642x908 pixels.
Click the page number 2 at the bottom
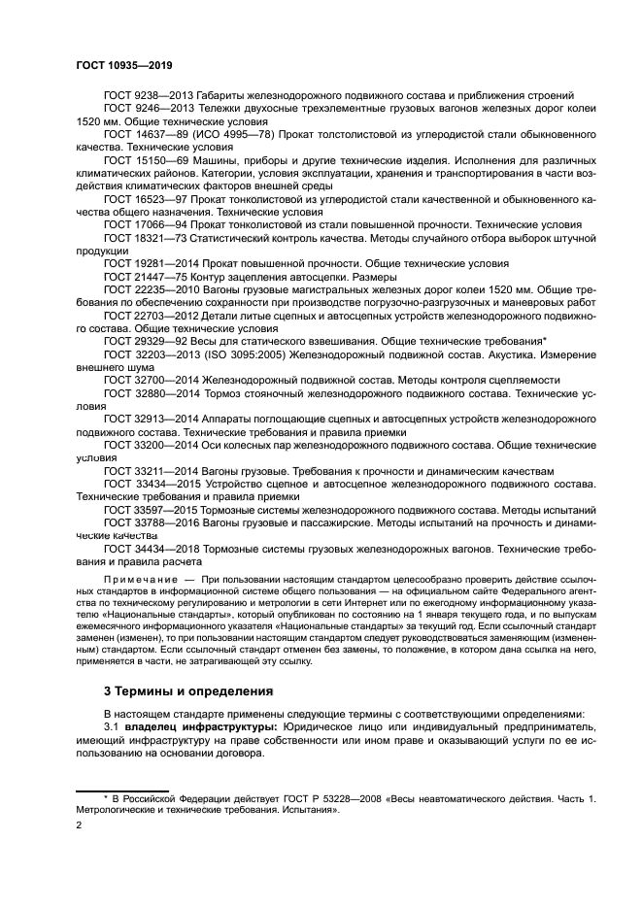[x=79, y=824]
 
